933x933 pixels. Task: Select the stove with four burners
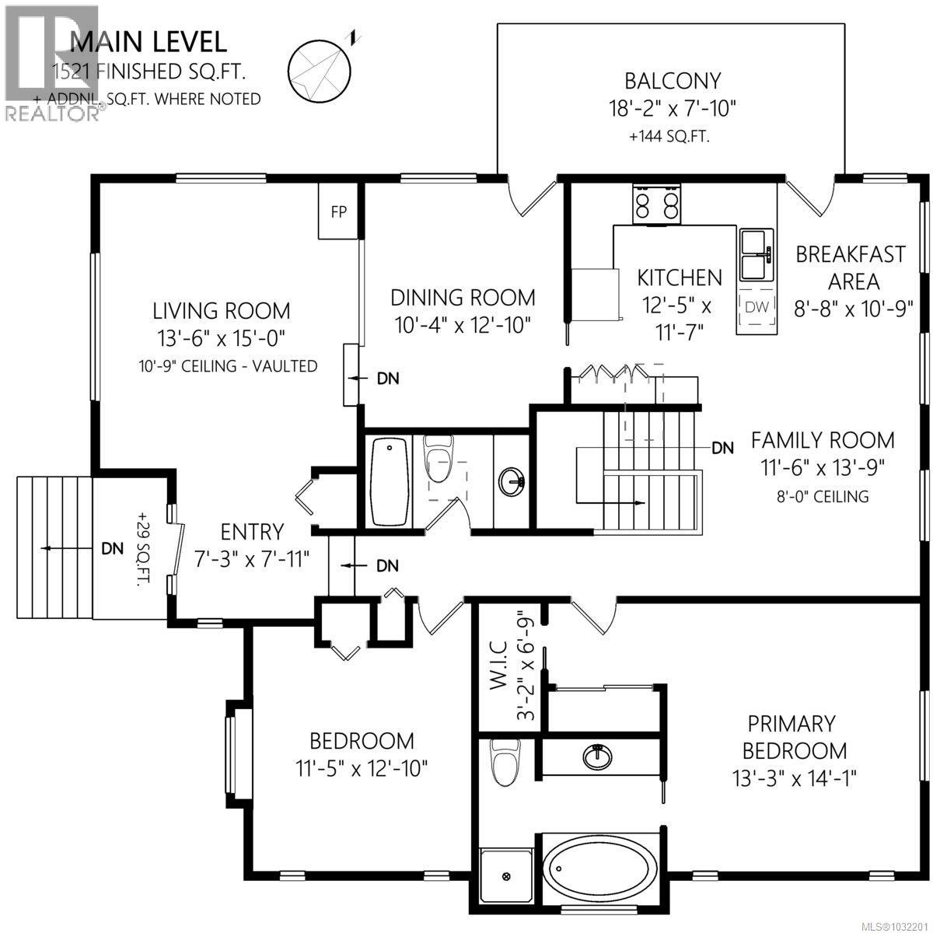657,204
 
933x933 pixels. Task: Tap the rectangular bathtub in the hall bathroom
390,482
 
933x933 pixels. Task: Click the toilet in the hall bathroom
438,463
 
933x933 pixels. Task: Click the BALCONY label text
673,80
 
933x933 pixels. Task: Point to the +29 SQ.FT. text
143,548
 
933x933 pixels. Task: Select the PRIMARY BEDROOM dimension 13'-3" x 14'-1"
794,777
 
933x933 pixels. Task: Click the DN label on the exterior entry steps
113,548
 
